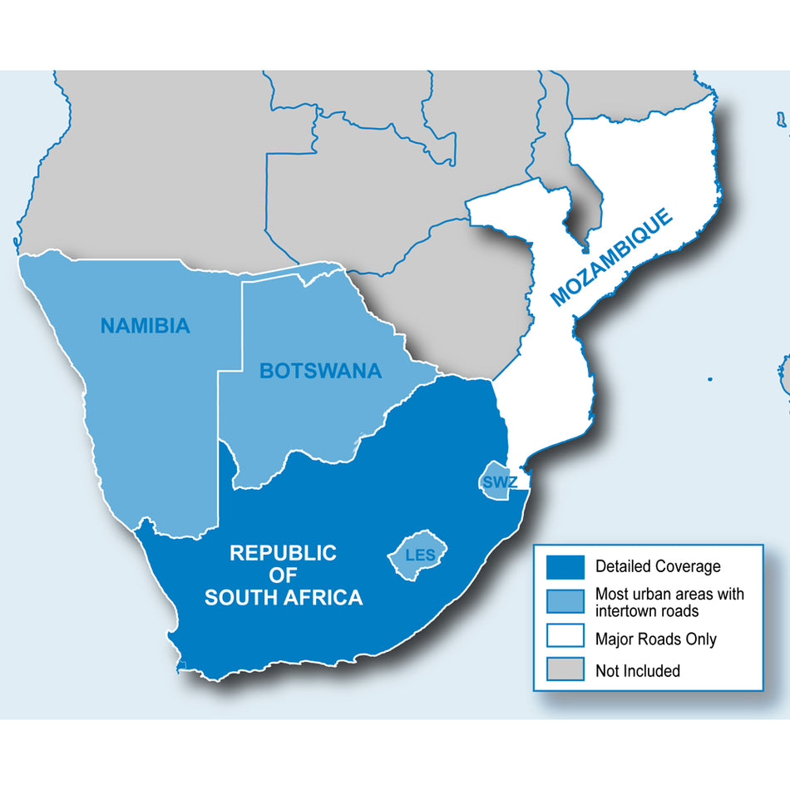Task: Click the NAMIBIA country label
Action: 145,326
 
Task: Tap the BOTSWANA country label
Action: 320,371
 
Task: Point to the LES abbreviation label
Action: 420,555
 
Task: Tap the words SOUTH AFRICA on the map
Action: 284,597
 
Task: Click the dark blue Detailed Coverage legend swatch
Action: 565,567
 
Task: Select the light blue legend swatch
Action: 565,603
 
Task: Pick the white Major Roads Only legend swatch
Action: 565,639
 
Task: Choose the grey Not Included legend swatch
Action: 565,669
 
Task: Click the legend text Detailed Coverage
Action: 658,567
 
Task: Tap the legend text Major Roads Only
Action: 655,639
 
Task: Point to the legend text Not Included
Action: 637,670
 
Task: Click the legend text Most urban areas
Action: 669,595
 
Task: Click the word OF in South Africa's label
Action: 283,575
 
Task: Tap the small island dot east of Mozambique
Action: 709,380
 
